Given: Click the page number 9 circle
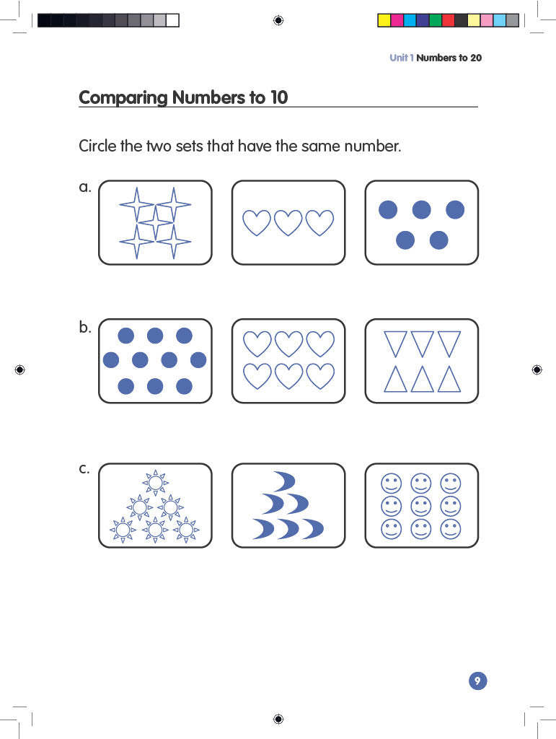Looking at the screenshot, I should [x=477, y=681].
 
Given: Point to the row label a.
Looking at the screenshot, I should [x=84, y=188].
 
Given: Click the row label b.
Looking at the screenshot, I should [x=84, y=327].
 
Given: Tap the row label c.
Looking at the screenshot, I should [x=84, y=468].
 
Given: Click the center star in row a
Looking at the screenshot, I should [x=155, y=222].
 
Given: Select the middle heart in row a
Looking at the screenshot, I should [x=288, y=222].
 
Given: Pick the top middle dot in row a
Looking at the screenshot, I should [x=421, y=210].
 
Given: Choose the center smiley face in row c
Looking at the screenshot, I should [x=421, y=505].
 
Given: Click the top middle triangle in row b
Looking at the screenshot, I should [x=422, y=343].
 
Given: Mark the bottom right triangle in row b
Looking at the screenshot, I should [x=449, y=379].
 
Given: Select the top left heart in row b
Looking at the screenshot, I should [x=257, y=344].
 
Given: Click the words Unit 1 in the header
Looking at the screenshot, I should [x=401, y=58].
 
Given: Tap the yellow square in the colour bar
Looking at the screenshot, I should [x=384, y=20].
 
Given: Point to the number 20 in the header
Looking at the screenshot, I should [x=475, y=58].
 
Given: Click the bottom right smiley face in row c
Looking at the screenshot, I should [x=451, y=529].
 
